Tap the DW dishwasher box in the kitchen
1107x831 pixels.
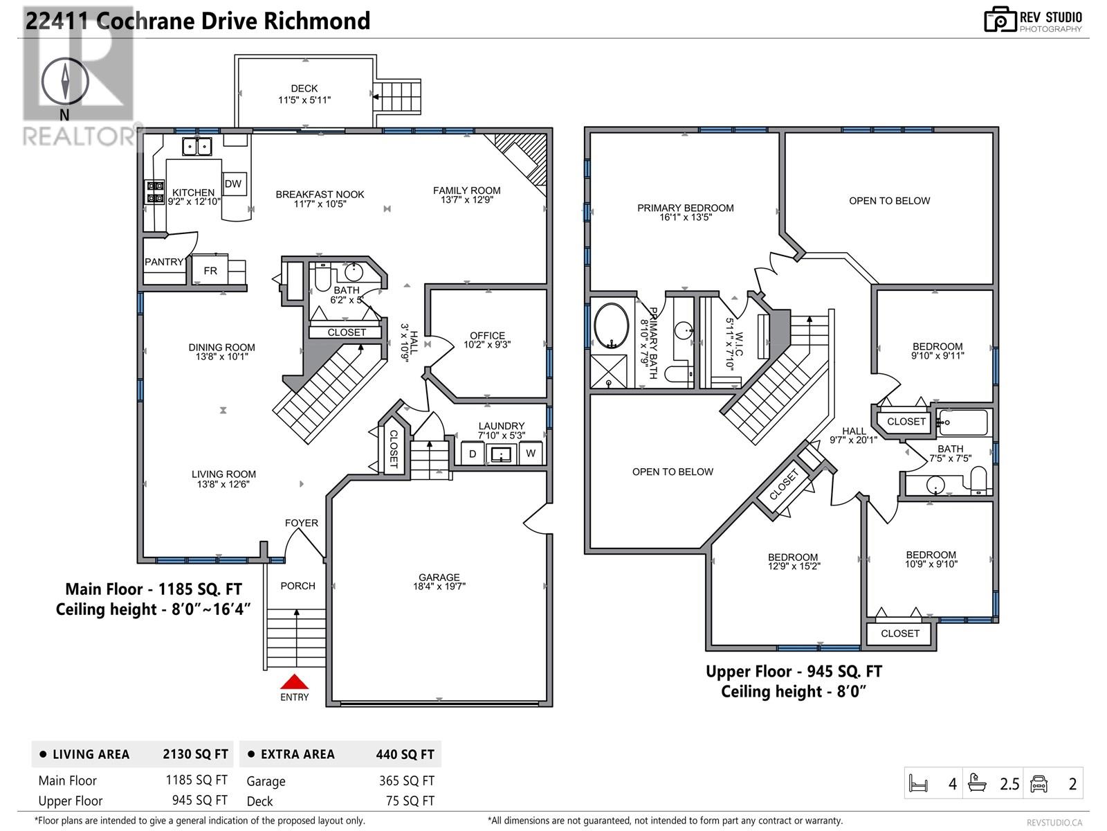234,184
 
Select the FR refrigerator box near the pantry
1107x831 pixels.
210,271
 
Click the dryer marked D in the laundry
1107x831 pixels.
473,454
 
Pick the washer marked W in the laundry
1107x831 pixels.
531,454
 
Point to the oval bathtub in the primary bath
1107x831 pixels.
611,325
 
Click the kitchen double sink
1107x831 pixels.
196,147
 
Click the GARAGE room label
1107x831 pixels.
439,577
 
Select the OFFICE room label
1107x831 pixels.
487,336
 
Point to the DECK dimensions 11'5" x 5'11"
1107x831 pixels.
304,100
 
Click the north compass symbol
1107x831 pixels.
65,82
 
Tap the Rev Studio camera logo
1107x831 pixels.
1000,19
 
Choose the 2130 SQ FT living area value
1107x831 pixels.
195,754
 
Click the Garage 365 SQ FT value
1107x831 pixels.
407,780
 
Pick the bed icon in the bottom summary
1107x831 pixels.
918,784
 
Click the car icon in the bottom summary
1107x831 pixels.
1039,784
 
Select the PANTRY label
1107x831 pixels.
164,262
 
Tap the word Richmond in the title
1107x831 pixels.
317,21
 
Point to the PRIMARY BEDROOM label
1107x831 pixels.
685,208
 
